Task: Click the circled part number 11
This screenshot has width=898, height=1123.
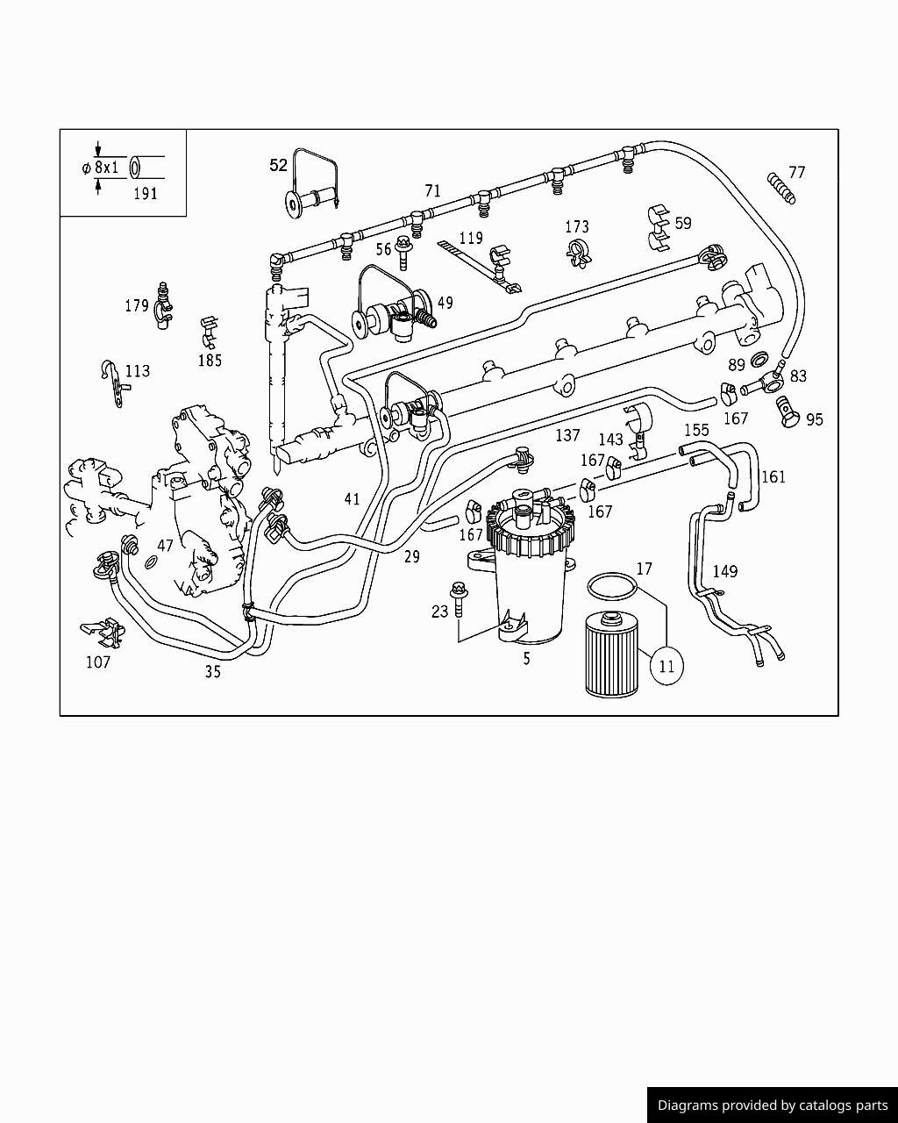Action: (666, 666)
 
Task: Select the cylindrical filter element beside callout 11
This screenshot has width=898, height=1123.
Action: (614, 654)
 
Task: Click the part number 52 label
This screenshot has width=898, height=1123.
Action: (278, 165)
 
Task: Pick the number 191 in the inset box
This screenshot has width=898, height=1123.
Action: (145, 194)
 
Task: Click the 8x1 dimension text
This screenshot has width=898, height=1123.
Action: (105, 167)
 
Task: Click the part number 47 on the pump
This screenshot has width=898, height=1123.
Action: (165, 546)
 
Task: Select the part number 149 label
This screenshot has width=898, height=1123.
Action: (724, 572)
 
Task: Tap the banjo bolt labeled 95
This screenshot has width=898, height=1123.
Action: (786, 410)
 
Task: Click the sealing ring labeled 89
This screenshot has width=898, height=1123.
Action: (759, 359)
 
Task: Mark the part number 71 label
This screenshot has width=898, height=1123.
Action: (432, 190)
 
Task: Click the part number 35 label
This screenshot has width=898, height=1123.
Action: (212, 672)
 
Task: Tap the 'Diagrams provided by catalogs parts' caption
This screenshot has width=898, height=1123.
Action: (772, 1105)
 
